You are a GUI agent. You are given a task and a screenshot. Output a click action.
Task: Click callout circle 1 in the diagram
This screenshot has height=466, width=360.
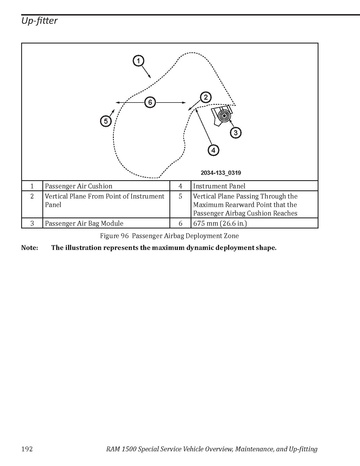click(x=138, y=61)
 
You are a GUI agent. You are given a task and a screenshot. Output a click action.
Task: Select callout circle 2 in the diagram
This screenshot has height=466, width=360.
click(x=206, y=97)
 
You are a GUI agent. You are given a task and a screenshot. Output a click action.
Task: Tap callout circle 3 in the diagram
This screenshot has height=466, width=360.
click(x=236, y=133)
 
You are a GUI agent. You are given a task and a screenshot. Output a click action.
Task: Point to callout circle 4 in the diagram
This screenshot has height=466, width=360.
click(x=213, y=150)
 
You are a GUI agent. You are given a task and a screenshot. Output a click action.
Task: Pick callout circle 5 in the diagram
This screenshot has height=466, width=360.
click(x=106, y=121)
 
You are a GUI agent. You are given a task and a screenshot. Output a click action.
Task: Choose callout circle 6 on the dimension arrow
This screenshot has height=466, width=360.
click(x=150, y=102)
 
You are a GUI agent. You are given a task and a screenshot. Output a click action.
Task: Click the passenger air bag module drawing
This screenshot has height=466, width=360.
click(x=222, y=115)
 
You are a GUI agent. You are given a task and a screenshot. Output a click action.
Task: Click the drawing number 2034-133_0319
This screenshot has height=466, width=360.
click(x=221, y=173)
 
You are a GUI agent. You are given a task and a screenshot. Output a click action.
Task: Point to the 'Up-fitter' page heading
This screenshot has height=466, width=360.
click(x=39, y=21)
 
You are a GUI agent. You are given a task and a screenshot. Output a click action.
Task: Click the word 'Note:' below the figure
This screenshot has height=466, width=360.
click(x=30, y=248)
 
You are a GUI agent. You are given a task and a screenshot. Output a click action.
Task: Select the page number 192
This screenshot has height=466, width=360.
click(x=27, y=449)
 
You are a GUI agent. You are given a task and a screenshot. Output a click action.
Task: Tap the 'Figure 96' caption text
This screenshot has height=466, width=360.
click(x=114, y=236)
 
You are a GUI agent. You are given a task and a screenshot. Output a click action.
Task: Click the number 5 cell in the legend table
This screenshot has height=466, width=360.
click(x=180, y=196)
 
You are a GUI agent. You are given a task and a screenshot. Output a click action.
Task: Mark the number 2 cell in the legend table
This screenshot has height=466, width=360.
click(x=32, y=196)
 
